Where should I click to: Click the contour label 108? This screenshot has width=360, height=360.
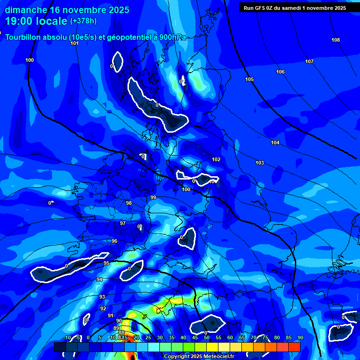335,40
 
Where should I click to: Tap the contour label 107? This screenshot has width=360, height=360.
309,61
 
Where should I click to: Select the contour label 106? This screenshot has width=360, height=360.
280,72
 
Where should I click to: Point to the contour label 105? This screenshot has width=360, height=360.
249,79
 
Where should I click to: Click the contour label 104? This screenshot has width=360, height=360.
275,142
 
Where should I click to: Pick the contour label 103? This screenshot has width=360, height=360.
260,163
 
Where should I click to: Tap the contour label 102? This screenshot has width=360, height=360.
216,159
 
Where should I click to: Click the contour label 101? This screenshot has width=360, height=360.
75,43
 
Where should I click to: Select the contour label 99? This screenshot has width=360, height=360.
153,197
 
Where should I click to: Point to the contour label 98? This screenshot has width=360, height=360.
129,203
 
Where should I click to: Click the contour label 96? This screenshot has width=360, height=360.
114,241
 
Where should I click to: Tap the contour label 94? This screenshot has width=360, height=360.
99,279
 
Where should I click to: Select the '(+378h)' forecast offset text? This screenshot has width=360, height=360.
83,21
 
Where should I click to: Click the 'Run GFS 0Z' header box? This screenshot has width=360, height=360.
295,7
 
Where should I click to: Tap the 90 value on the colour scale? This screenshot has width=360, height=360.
300,337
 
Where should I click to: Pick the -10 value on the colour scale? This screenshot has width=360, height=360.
67,337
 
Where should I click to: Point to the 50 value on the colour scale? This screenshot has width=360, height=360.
206,337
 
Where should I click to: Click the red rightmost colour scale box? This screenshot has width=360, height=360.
294,347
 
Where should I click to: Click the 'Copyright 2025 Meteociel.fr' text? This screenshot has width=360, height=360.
198,356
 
